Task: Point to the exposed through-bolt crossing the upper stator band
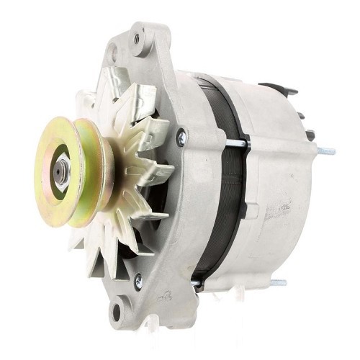point(238,143)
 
